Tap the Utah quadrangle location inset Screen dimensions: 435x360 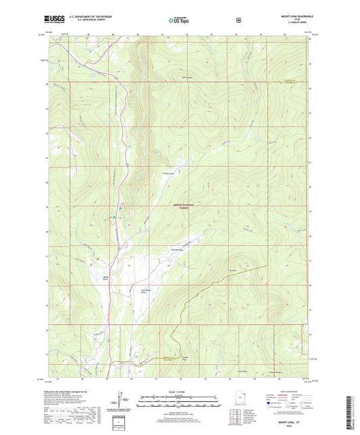coord(242,403)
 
